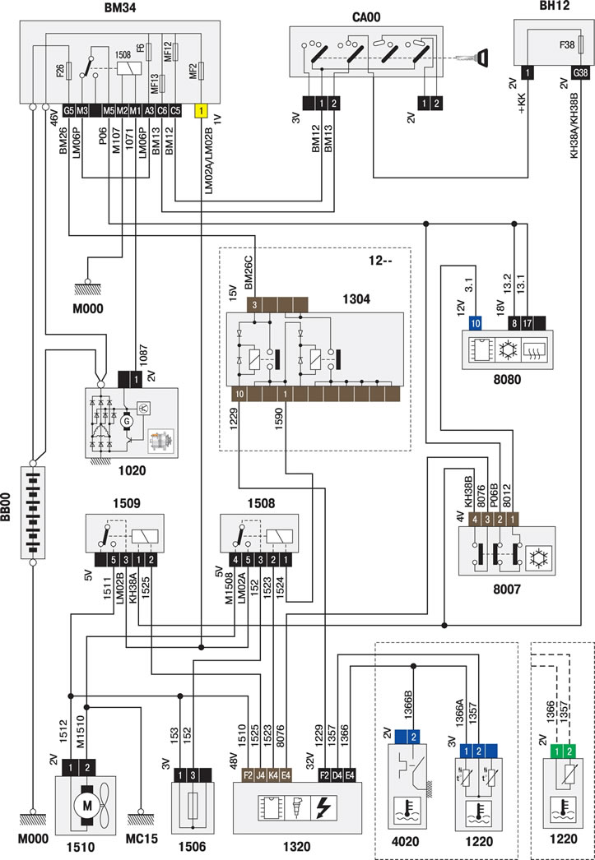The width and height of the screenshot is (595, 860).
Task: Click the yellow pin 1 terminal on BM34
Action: click(202, 110)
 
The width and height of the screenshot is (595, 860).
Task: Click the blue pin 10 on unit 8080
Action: click(476, 324)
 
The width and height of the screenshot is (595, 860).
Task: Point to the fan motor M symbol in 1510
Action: click(87, 805)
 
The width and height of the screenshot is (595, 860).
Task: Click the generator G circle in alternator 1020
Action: click(128, 421)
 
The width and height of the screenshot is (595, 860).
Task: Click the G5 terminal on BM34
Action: click(69, 110)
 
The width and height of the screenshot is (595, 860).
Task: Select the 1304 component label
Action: click(356, 299)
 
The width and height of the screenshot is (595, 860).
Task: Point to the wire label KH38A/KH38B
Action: click(575, 124)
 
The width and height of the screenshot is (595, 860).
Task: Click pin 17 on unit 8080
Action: click(528, 324)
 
